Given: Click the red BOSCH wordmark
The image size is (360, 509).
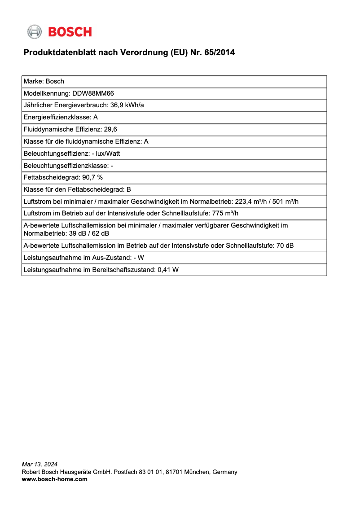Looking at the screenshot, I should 70,32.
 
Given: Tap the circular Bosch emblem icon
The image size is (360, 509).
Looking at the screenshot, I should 35,32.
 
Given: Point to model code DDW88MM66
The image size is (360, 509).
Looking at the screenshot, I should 93,93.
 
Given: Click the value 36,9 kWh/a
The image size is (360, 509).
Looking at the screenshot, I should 127,105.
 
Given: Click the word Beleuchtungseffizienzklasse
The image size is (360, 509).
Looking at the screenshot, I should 66,166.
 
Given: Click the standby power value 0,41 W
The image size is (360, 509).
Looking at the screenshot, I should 168,270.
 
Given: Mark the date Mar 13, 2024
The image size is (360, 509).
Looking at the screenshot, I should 40,464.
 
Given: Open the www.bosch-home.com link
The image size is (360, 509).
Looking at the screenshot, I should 55,479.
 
